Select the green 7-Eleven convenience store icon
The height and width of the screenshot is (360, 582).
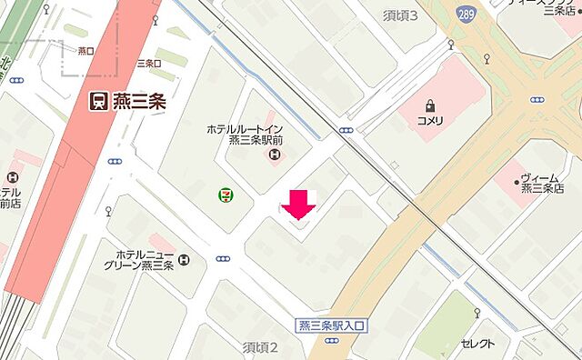pyautogui.click(x=223, y=194)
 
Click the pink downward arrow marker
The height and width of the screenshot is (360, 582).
pyautogui.click(x=298, y=205)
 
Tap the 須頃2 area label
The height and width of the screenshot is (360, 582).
pyautogui.click(x=259, y=347)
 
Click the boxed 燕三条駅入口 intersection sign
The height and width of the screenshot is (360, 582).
pyautogui.click(x=330, y=325)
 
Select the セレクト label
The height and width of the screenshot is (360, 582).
pyautogui.click(x=477, y=344)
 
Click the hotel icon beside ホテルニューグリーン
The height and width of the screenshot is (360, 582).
pyautogui.click(x=186, y=261)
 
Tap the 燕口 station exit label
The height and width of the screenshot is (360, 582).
pyautogui.click(x=87, y=51)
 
